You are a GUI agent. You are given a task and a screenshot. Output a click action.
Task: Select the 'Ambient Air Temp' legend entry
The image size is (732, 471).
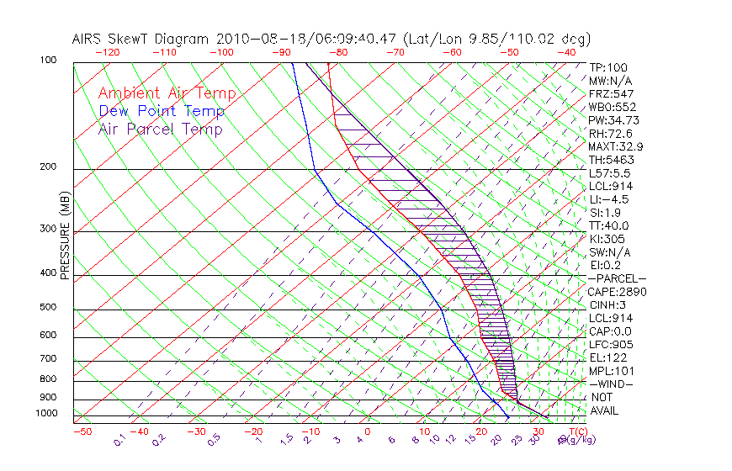coord(167,93)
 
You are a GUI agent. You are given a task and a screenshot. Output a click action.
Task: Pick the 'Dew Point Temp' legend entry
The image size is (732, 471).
coord(162,111)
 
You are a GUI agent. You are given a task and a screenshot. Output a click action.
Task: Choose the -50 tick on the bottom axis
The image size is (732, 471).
coord(82,431)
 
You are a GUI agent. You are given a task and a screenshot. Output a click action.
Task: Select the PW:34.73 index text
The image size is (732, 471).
coord(613,120)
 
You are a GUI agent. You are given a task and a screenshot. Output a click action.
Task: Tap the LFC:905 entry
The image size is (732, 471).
coord(611,345)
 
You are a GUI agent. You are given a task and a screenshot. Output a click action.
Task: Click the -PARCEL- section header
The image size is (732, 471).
coord(617,278)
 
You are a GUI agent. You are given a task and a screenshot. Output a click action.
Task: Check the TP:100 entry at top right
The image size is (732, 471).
coord(608,67)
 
